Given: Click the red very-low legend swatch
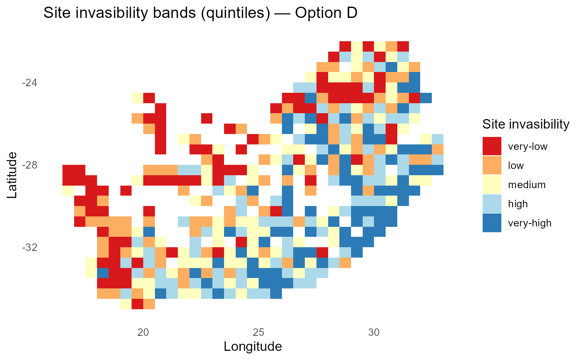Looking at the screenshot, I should pyautogui.click(x=492, y=146).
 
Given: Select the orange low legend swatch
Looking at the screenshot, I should pyautogui.click(x=492, y=165).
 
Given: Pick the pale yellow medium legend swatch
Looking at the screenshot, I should pyautogui.click(x=492, y=184).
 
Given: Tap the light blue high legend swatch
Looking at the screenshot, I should pyautogui.click(x=492, y=204).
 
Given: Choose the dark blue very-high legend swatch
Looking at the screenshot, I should pyautogui.click(x=492, y=223).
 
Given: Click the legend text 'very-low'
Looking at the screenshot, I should pyautogui.click(x=528, y=146).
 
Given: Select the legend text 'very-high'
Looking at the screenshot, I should pyautogui.click(x=530, y=223).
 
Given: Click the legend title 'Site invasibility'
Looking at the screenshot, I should pyautogui.click(x=526, y=124).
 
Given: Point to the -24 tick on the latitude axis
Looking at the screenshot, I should pyautogui.click(x=29, y=83).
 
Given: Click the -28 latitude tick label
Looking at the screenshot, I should pyautogui.click(x=29, y=165).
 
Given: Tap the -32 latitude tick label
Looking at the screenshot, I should pyautogui.click(x=29, y=248).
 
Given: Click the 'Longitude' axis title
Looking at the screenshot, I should pyautogui.click(x=253, y=346).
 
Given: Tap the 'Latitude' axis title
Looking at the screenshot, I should pyautogui.click(x=12, y=175).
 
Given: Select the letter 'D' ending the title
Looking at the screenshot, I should pyautogui.click(x=352, y=14).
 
